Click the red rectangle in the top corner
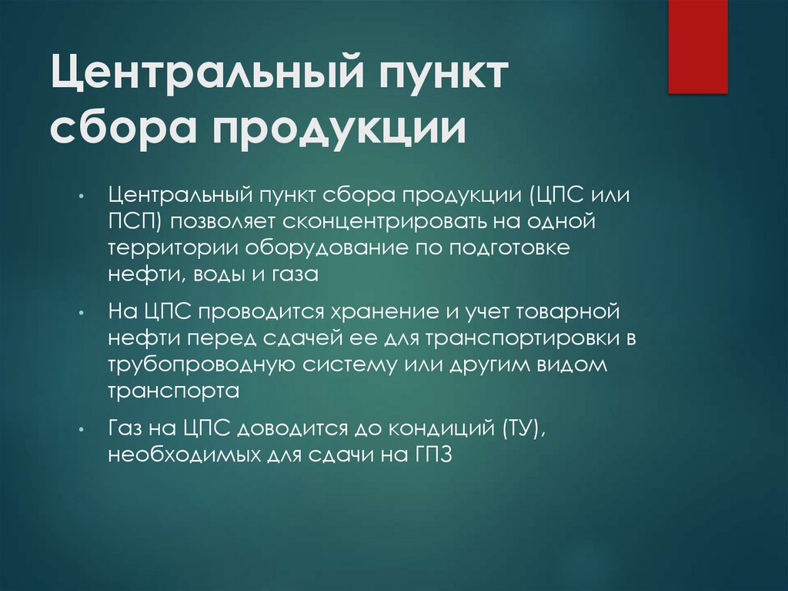697,46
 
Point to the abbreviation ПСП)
134,223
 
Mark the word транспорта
174,391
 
